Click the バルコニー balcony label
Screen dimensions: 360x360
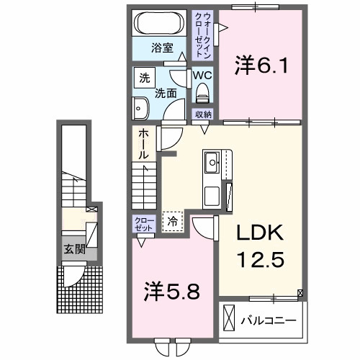coord(268,318)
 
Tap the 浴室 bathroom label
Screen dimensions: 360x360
coord(162,48)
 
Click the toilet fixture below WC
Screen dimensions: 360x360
coord(202,92)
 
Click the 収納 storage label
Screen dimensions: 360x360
coord(202,114)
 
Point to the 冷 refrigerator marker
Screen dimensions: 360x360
coord(172,222)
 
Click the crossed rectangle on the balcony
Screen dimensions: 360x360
coord(229,318)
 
